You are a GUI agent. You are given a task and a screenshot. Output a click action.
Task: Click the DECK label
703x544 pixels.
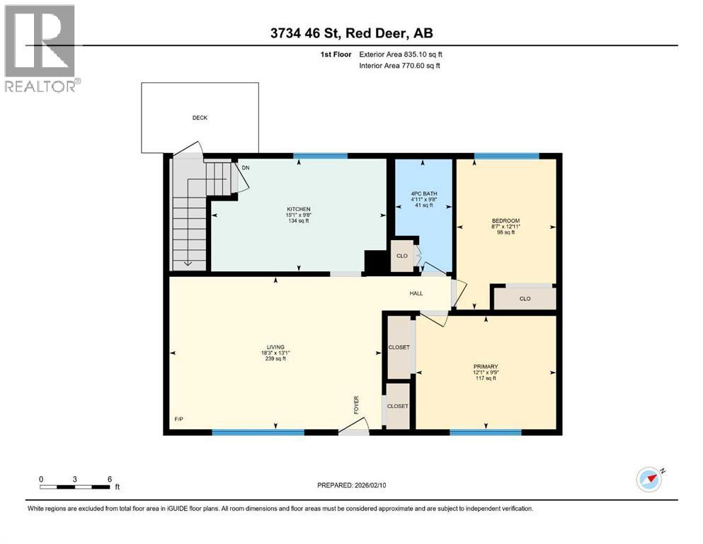(200, 118)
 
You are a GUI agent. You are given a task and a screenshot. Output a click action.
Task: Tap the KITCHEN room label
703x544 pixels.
(298, 209)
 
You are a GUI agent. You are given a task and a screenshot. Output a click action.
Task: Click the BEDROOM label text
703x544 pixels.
(505, 221)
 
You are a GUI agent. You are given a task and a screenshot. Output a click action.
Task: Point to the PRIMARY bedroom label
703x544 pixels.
(486, 367)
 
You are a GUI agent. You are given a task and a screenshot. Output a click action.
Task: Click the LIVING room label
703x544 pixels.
(275, 347)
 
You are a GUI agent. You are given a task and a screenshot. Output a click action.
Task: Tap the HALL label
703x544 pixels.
(416, 293)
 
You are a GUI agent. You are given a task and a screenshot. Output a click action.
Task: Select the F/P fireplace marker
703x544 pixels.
(179, 420)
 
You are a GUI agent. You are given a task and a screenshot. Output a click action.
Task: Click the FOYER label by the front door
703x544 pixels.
(356, 404)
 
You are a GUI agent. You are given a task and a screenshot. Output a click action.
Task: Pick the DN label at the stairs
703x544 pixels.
(246, 168)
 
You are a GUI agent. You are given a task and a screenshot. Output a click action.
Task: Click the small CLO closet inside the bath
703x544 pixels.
(401, 256)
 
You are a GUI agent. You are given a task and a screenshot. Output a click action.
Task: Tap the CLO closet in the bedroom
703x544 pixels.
(525, 299)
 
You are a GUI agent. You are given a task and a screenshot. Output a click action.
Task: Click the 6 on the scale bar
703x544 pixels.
(109, 479)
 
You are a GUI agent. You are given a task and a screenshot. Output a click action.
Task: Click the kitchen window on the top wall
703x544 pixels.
(320, 156)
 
